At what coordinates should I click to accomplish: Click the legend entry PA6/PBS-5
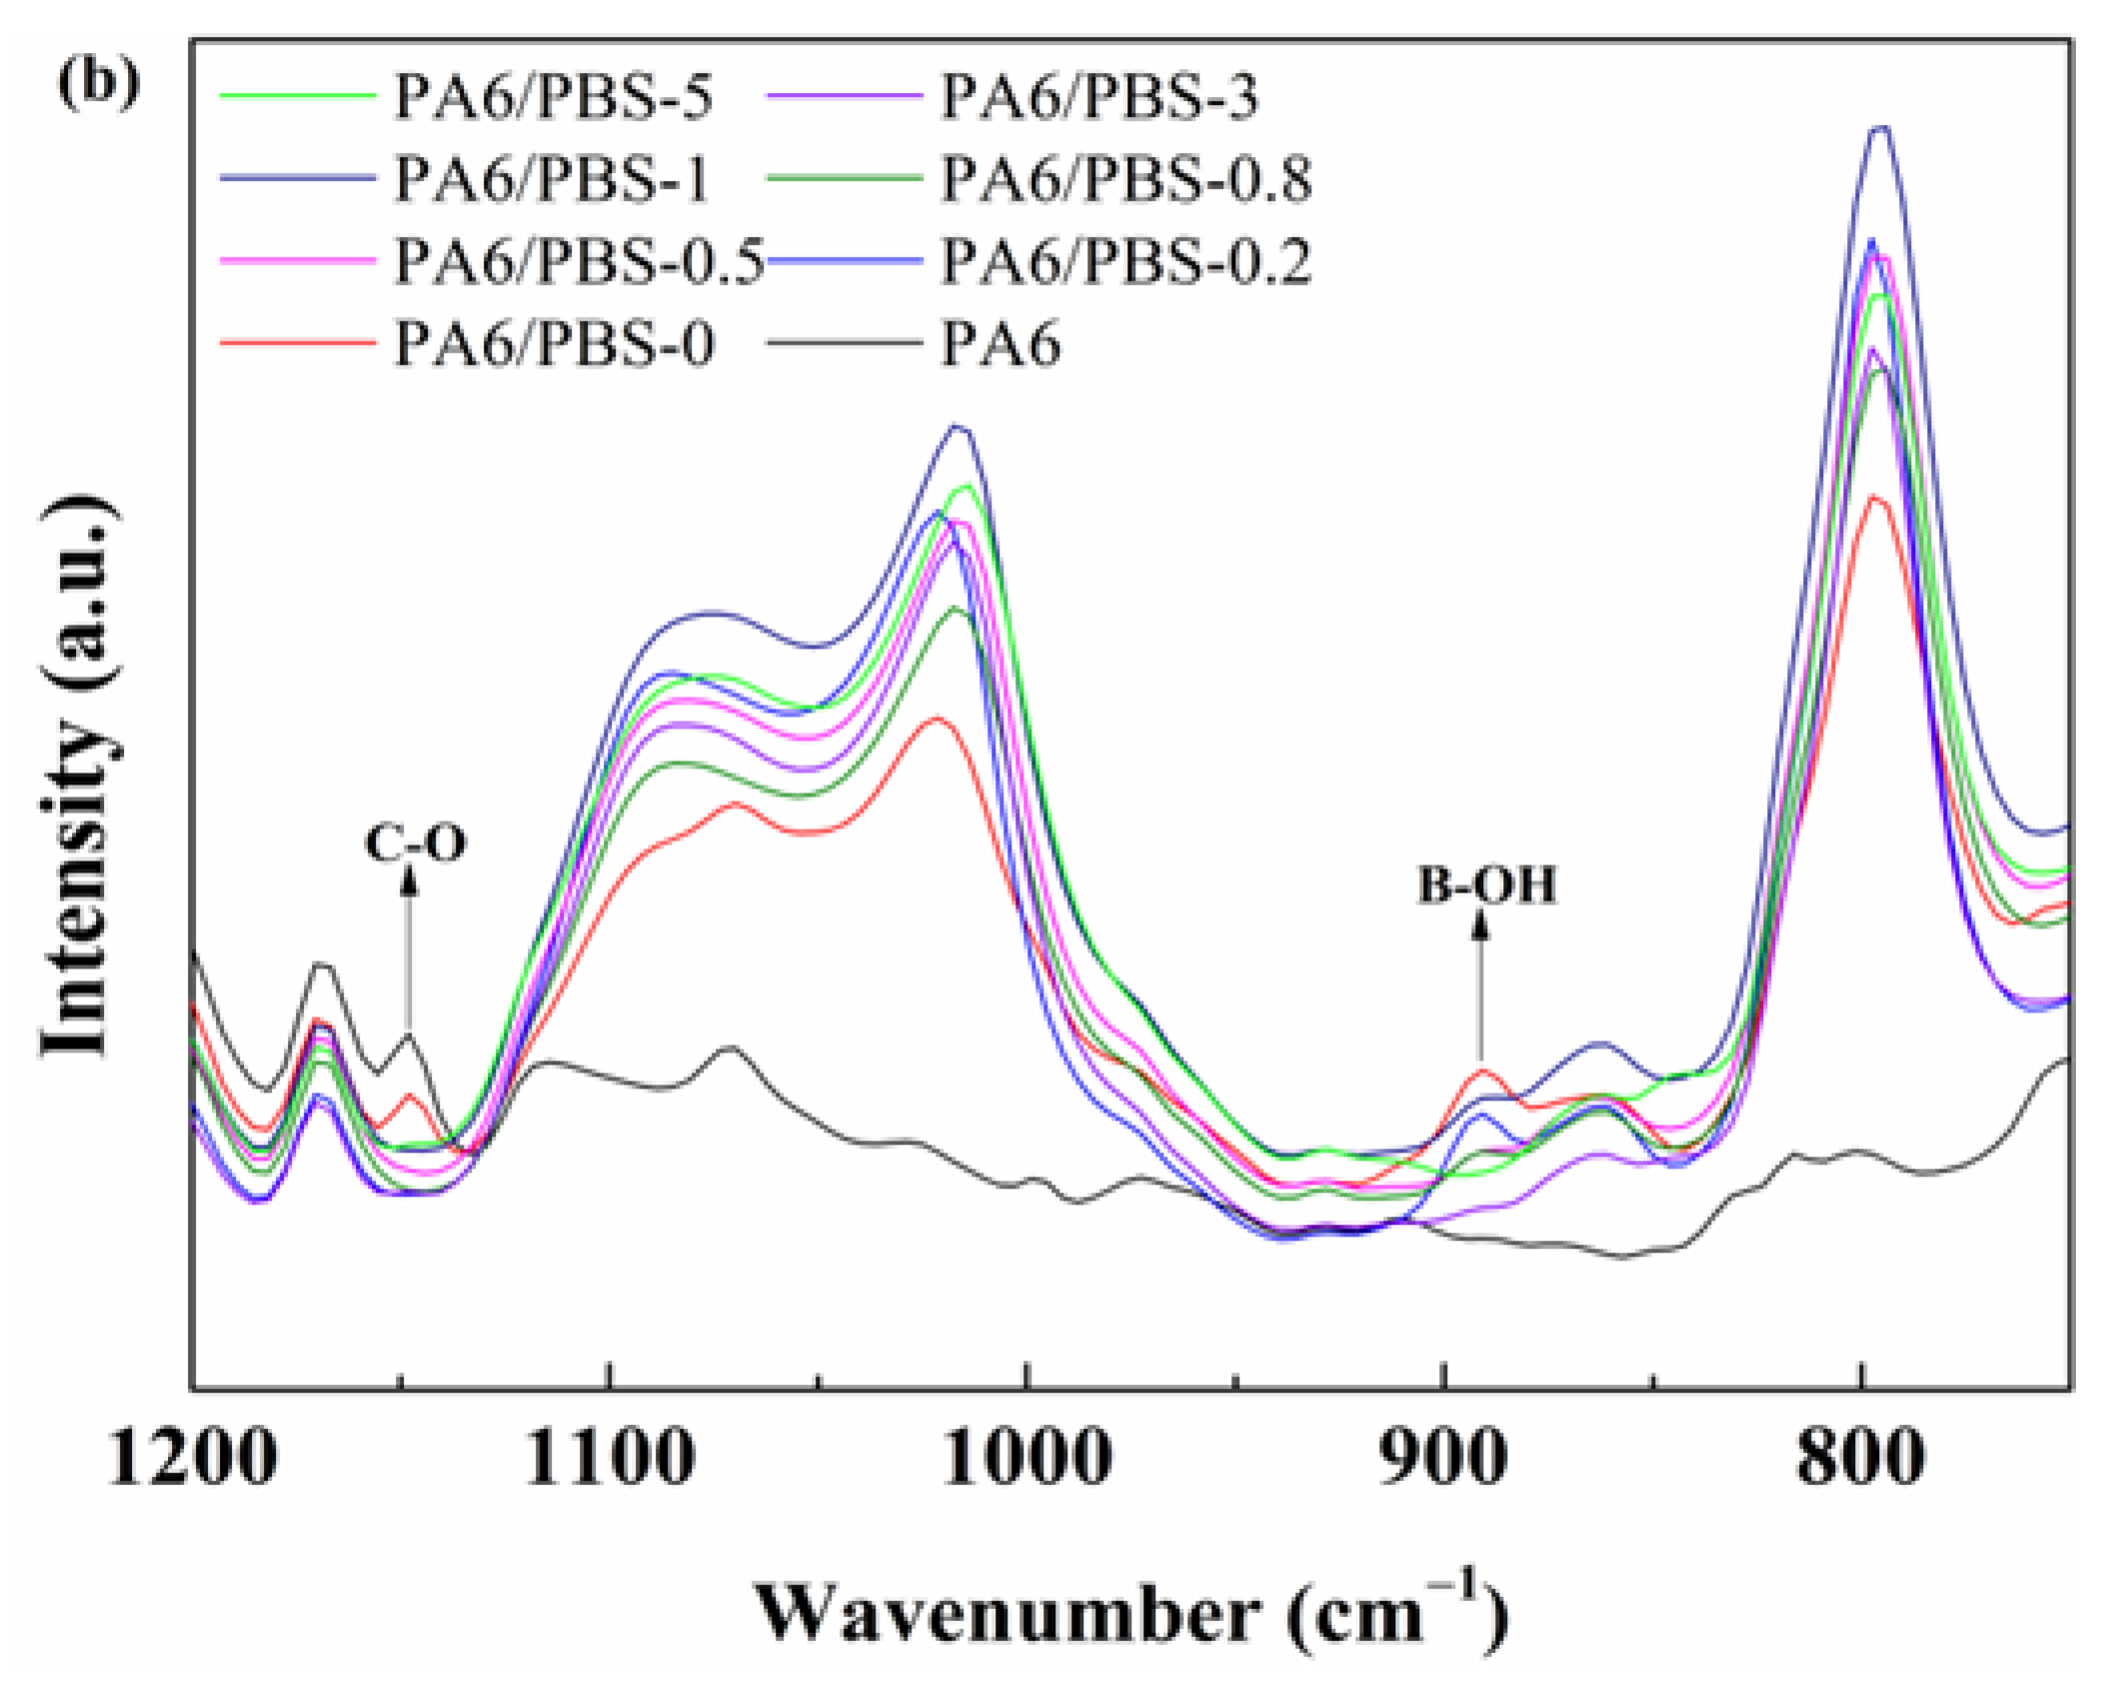[x=553, y=98]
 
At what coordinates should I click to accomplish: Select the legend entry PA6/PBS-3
[x=1098, y=98]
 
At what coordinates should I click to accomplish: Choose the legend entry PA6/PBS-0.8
[x=1125, y=180]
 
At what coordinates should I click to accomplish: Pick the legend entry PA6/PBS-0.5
[x=579, y=262]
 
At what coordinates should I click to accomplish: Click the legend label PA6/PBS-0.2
[x=1125, y=262]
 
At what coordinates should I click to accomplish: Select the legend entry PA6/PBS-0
[x=554, y=345]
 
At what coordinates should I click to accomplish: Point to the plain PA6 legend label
[x=1001, y=345]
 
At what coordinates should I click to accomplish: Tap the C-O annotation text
[x=415, y=843]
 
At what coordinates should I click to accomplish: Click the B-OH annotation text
[x=1487, y=885]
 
